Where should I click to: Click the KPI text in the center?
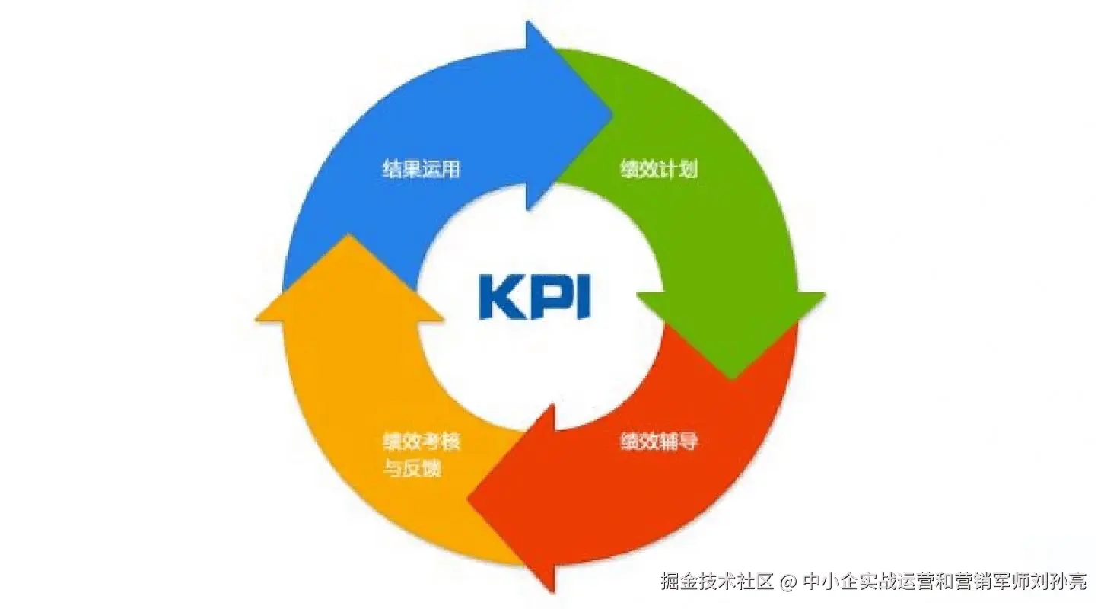tap(534, 297)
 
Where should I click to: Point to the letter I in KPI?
tap(581, 297)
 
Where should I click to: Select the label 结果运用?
tap(421, 169)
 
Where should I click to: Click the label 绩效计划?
tap(659, 169)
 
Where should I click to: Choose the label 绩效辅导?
tap(659, 442)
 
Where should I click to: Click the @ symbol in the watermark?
tap(788, 582)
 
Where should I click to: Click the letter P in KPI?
tap(541, 297)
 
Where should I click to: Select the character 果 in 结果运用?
tap(412, 169)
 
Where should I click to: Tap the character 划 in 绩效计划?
tap(688, 169)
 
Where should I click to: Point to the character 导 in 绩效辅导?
tap(688, 442)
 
